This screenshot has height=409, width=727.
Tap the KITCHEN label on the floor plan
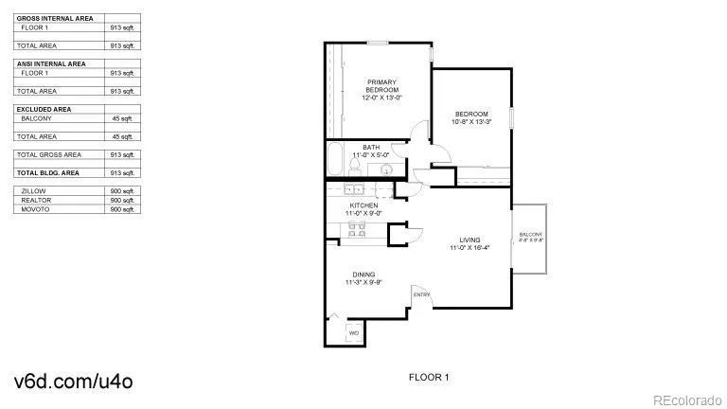[364, 205]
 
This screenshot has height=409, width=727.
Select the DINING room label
[364, 275]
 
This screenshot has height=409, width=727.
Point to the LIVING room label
[470, 240]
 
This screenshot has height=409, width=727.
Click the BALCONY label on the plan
[530, 235]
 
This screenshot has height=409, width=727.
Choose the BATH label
[371, 147]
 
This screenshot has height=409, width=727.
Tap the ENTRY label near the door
[422, 294]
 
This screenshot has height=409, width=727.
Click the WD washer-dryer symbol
[353, 332]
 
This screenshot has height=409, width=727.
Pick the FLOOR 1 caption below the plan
[428, 378]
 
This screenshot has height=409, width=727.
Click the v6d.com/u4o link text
[73, 381]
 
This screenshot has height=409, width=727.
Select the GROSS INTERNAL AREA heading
[53, 18]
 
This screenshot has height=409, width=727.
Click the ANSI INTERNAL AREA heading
[51, 63]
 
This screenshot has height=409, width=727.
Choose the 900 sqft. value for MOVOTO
[122, 209]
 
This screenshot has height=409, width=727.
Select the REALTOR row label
[36, 200]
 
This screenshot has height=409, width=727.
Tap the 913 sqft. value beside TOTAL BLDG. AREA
[122, 173]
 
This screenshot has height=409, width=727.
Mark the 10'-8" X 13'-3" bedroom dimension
[470, 122]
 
